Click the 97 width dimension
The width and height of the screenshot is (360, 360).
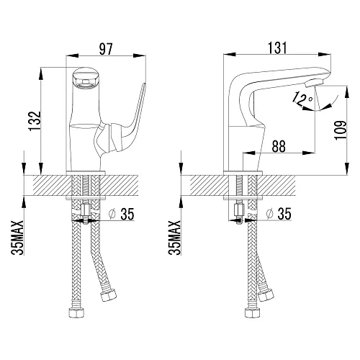click(106, 49)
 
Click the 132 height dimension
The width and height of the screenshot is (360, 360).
click(35, 121)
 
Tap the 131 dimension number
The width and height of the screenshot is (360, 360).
click(277, 48)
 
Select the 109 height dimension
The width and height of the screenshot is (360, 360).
click(341, 130)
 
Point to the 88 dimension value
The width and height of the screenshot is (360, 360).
click(279, 146)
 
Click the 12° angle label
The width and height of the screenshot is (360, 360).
click(302, 99)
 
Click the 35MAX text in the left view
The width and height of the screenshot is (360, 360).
click(18, 238)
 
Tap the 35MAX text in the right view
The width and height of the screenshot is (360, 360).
click(174, 238)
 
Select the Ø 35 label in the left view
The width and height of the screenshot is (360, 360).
click(121, 214)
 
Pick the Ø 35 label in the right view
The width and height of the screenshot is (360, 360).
click(279, 214)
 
